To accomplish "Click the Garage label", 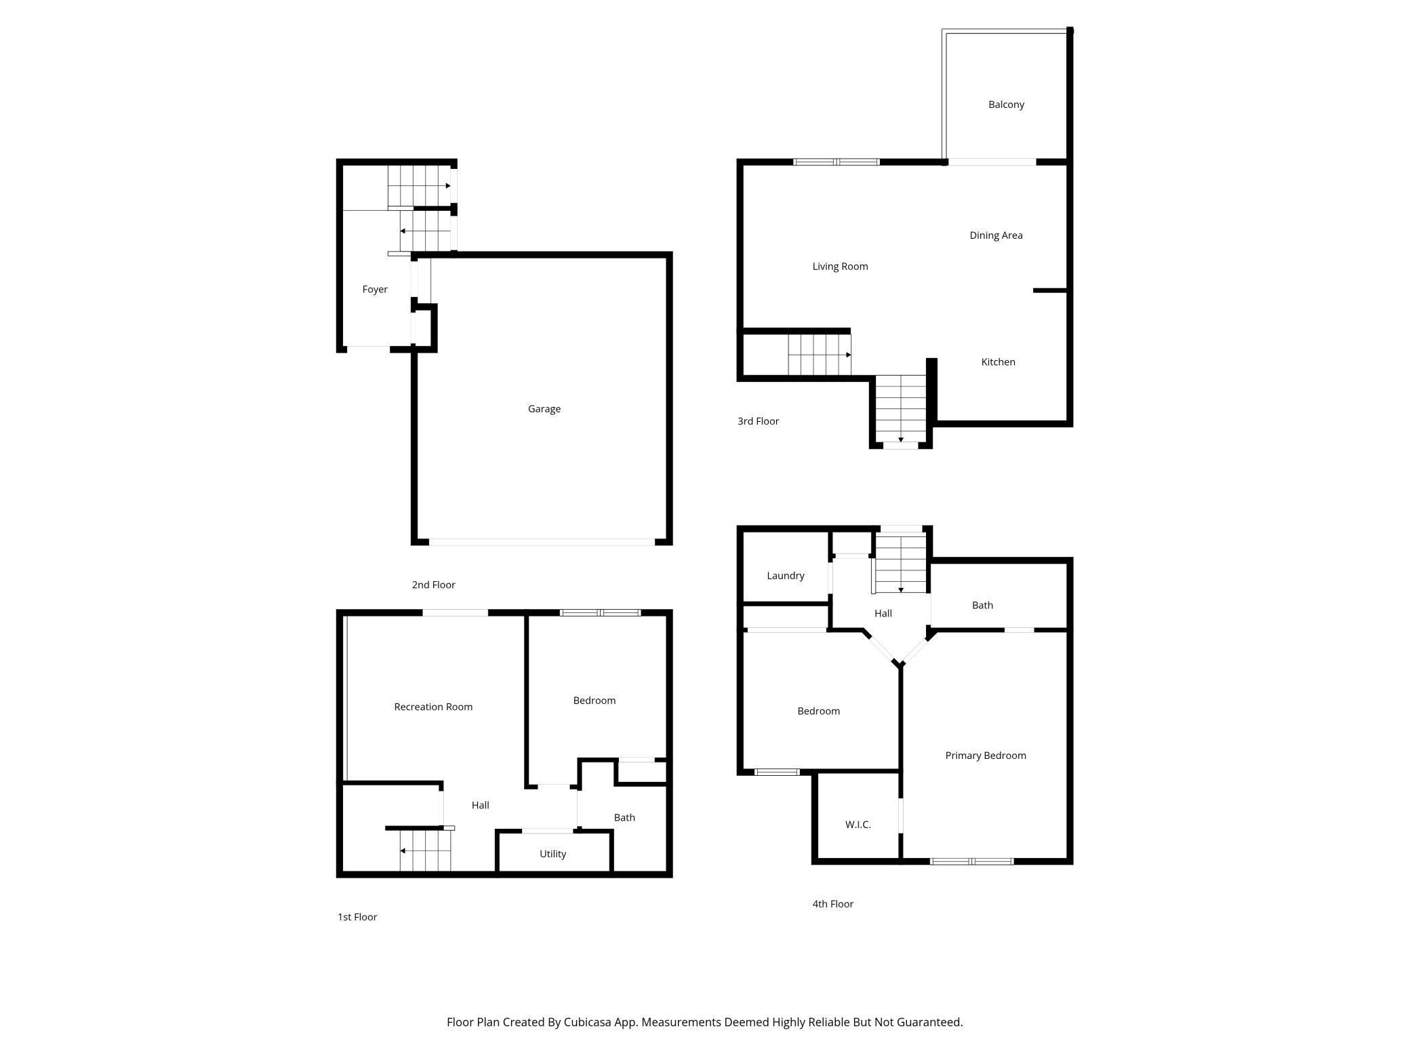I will pyautogui.click(x=544, y=409).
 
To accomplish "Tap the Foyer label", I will pyautogui.click(x=374, y=290).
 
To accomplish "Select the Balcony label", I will pyautogui.click(x=1006, y=104).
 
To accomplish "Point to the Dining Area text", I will pyautogui.click(x=996, y=235).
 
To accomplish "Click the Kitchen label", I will pyautogui.click(x=998, y=362).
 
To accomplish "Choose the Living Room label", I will pyautogui.click(x=840, y=267).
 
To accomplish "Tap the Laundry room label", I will pyautogui.click(x=785, y=576).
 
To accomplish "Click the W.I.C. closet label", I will pyautogui.click(x=858, y=825).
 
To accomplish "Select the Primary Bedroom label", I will pyautogui.click(x=985, y=756).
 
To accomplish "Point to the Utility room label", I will pyautogui.click(x=552, y=854).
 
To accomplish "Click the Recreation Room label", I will pyautogui.click(x=433, y=707).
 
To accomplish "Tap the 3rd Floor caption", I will pyautogui.click(x=758, y=421).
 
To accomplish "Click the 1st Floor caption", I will pyautogui.click(x=357, y=917).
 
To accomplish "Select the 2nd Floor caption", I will pyautogui.click(x=433, y=585).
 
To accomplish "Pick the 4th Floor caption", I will pyautogui.click(x=832, y=904).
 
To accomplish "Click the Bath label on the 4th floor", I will pyautogui.click(x=982, y=606).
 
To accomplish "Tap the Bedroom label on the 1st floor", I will pyautogui.click(x=594, y=701).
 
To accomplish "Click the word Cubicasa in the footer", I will pyautogui.click(x=587, y=1022).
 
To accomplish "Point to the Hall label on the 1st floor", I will pyautogui.click(x=480, y=806).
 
